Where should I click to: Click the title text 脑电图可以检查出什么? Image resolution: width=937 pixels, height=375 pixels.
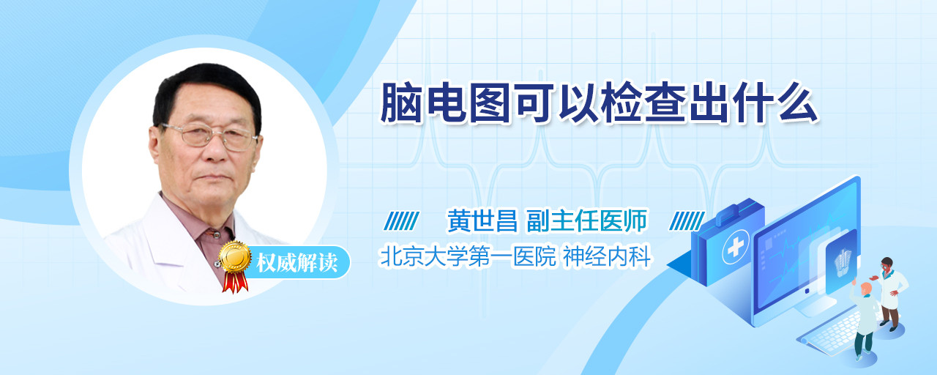599,103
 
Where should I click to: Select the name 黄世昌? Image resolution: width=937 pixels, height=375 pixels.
482,220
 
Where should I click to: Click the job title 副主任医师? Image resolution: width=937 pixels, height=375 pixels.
586,220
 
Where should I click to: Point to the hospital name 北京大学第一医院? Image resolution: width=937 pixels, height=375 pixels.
468,256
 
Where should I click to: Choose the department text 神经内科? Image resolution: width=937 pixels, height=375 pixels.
607,256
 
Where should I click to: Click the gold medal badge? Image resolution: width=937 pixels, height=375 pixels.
235,257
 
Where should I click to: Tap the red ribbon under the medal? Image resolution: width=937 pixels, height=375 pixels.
235,282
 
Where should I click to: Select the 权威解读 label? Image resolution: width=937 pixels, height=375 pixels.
296,263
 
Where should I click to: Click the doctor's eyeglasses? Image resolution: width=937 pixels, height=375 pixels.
209,136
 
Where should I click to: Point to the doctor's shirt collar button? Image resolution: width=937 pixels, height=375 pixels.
216,235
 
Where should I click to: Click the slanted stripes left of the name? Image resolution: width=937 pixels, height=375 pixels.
401,221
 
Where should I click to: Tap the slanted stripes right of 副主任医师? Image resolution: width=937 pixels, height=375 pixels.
687,221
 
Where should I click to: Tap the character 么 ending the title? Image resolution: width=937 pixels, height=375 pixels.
798,103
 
